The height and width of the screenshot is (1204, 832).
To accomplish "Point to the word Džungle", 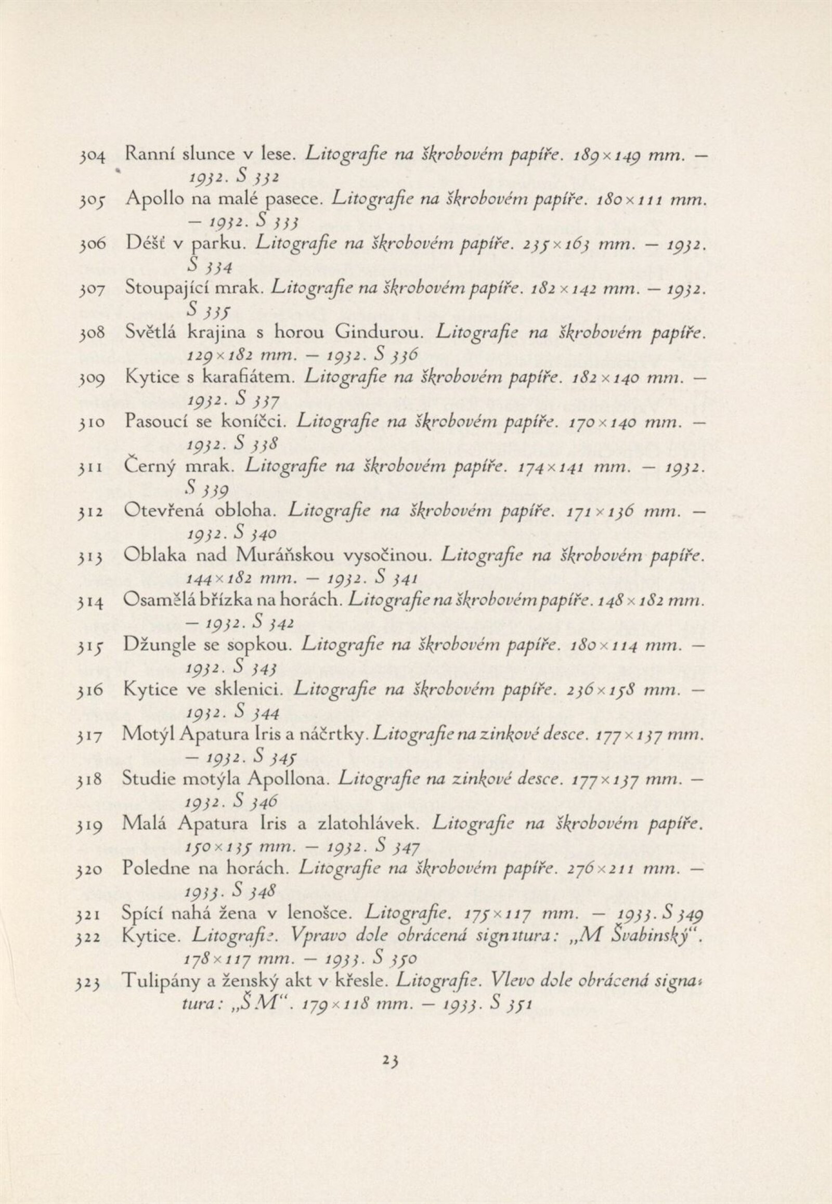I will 155,646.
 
